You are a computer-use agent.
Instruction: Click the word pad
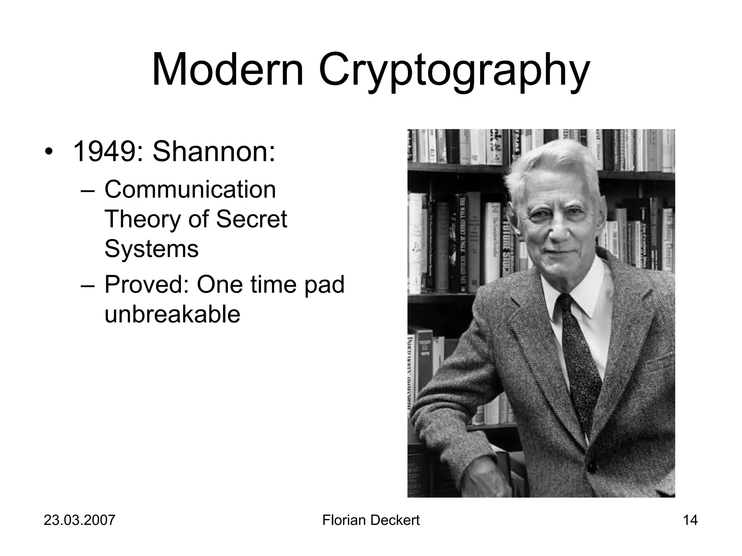pos(324,285)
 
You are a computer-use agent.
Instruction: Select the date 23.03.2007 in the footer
pos(79,520)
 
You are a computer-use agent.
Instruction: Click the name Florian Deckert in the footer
pos(371,520)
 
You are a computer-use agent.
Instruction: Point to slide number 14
pos(690,520)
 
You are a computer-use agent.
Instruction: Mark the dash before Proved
pos(87,285)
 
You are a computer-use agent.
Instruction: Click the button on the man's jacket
pos(591,467)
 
